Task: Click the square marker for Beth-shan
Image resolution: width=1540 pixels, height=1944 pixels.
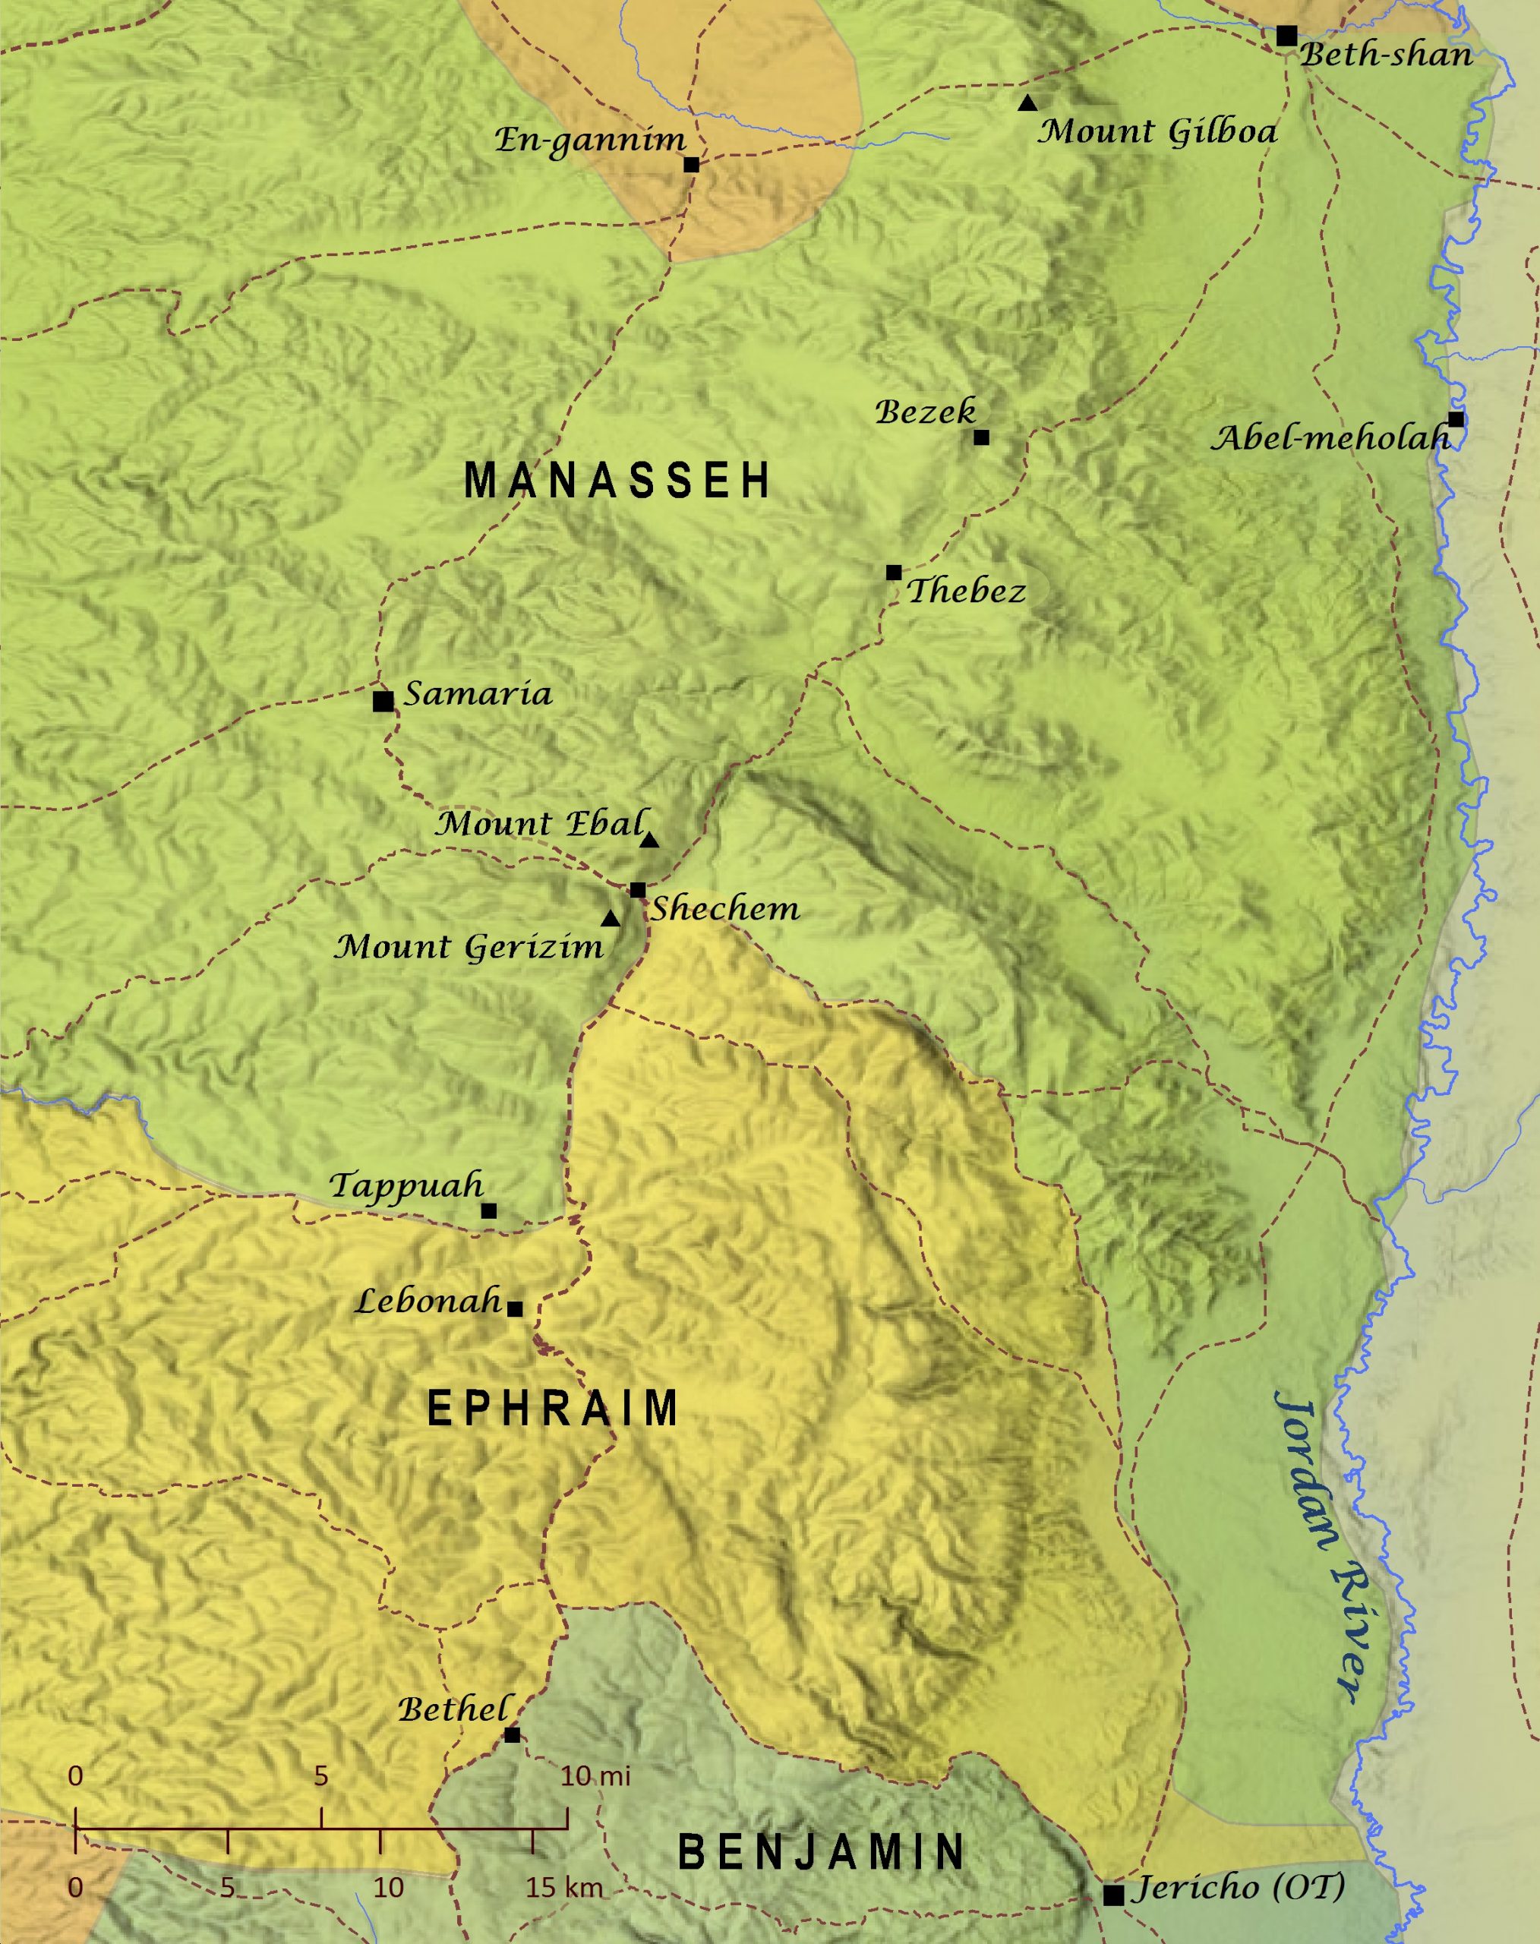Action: pyautogui.click(x=1286, y=36)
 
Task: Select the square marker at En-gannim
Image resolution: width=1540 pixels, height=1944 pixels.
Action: pyautogui.click(x=692, y=164)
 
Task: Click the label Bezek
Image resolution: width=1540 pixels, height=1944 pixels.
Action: pyautogui.click(x=925, y=412)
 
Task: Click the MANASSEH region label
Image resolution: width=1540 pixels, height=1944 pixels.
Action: pyautogui.click(x=617, y=480)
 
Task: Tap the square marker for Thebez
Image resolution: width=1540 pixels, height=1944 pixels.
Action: pyautogui.click(x=894, y=573)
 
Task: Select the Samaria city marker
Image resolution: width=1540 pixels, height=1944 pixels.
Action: pyautogui.click(x=383, y=701)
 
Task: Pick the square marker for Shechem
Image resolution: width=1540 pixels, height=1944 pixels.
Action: pyautogui.click(x=637, y=890)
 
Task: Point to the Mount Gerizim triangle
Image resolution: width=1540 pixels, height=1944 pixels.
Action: pyautogui.click(x=611, y=920)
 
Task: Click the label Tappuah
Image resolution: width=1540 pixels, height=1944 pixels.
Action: pyautogui.click(x=406, y=1185)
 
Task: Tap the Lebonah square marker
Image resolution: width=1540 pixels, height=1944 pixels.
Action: pyautogui.click(x=515, y=1308)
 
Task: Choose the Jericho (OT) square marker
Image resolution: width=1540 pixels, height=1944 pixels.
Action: pyautogui.click(x=1113, y=1895)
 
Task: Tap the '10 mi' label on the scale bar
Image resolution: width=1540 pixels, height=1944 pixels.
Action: pyautogui.click(x=595, y=1776)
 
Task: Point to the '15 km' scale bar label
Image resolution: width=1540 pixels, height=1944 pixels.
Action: pyautogui.click(x=564, y=1887)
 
